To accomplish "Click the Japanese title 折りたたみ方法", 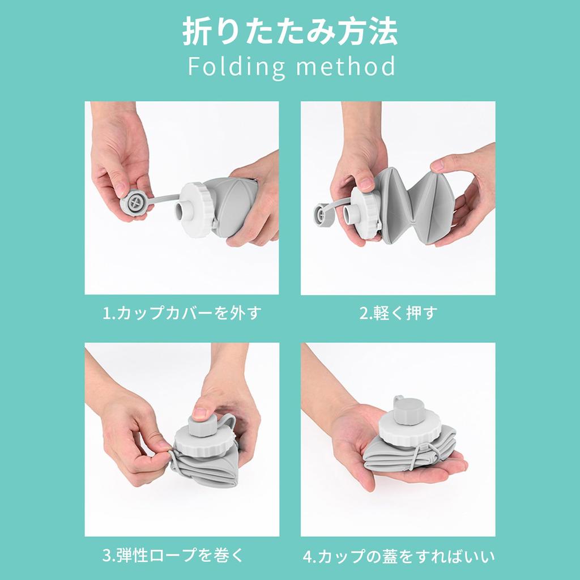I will pyautogui.click(x=289, y=32).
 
